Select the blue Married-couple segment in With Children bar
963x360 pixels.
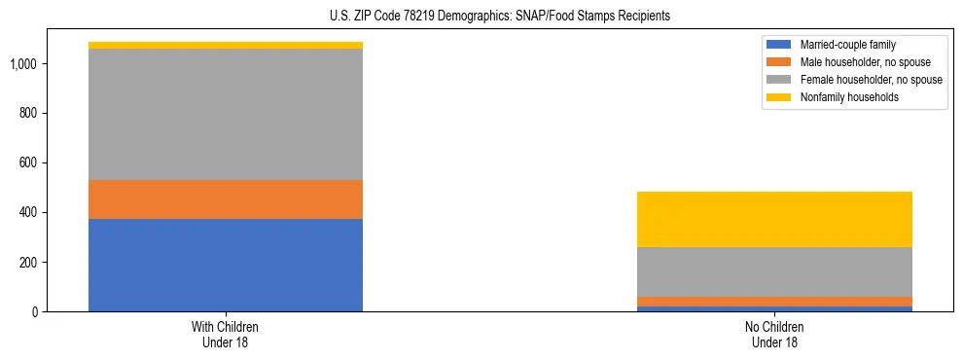[226, 265]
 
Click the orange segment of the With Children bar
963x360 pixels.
[226, 199]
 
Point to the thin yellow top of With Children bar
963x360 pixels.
[226, 45]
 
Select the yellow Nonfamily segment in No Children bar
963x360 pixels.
[774, 219]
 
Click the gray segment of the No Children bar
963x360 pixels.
[774, 271]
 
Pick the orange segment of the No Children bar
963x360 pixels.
[774, 302]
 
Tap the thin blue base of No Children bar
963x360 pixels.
[774, 308]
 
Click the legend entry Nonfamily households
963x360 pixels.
[841, 97]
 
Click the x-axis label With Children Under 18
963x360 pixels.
[226, 334]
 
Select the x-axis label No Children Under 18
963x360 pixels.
[774, 334]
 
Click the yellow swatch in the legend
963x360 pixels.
[779, 97]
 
